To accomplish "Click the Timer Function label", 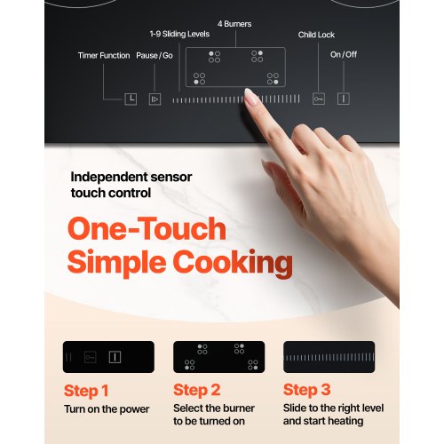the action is [104, 55].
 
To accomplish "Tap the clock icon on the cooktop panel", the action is [131, 99].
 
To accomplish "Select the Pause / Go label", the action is [155, 55].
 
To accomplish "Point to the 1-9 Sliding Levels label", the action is [179, 34].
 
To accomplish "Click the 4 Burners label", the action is [234, 24].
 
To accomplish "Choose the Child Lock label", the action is [316, 35].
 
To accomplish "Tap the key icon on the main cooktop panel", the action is [319, 99].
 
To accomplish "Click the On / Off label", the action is [344, 54].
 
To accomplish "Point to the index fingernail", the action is [251, 96].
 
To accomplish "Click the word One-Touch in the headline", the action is [147, 229].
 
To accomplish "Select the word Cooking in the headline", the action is [234, 263].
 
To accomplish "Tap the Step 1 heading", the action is [86, 391].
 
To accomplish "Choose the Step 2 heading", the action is [197, 390].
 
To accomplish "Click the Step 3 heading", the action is [307, 390].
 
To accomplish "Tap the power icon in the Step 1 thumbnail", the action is [115, 357].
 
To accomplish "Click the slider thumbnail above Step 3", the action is [329, 357].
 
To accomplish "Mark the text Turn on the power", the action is [107, 409].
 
